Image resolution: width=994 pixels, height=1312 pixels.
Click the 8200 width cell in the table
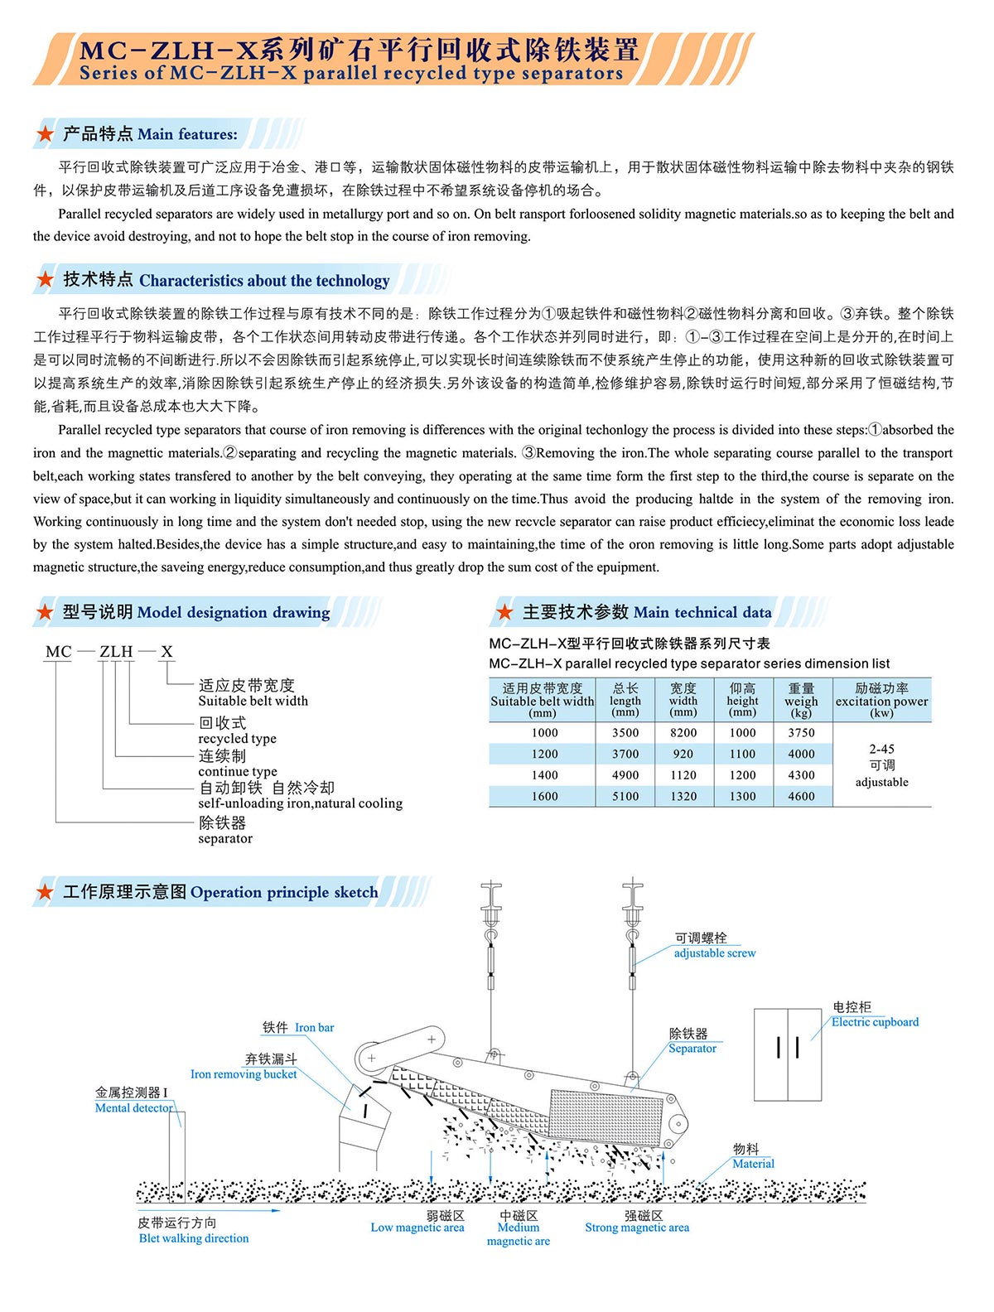click(683, 733)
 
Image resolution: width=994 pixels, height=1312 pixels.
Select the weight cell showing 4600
click(801, 797)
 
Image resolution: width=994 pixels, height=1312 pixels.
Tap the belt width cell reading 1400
click(544, 775)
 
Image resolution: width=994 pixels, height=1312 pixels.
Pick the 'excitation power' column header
click(881, 701)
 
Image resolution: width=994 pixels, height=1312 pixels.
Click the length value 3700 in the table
click(625, 755)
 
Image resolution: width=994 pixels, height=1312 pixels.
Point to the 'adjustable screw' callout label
click(714, 953)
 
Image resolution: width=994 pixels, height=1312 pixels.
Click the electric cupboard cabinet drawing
click(787, 1054)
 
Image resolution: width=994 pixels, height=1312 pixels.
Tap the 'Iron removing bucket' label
click(244, 1074)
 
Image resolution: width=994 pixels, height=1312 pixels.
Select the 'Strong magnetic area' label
click(637, 1228)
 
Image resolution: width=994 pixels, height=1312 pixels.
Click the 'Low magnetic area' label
click(417, 1228)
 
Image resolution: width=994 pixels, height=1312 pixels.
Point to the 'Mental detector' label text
click(134, 1108)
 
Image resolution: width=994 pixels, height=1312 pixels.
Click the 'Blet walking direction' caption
click(194, 1238)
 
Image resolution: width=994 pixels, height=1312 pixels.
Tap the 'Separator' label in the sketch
click(692, 1049)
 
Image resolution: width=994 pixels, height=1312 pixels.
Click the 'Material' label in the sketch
click(753, 1164)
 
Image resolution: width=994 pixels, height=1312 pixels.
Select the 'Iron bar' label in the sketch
click(315, 1028)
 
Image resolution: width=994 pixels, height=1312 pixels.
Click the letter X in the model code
click(166, 652)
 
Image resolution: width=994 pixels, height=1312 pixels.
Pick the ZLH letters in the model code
click(116, 652)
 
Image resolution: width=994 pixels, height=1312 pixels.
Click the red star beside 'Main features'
click(46, 134)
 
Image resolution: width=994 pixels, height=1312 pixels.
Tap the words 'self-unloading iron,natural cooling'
click(300, 803)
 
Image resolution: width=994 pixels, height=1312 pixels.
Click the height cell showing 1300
click(742, 797)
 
